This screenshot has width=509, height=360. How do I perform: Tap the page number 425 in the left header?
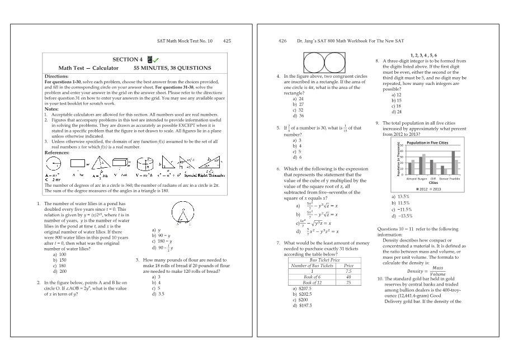227,41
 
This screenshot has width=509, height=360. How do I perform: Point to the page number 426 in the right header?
282,41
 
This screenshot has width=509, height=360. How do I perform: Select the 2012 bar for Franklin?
453,163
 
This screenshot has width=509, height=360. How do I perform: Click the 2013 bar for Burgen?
423,164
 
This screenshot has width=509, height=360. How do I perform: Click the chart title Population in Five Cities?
427,143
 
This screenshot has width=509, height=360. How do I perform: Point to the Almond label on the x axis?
411,178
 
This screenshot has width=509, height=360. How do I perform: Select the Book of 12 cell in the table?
312,282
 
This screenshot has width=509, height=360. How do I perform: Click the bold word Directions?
56,76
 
